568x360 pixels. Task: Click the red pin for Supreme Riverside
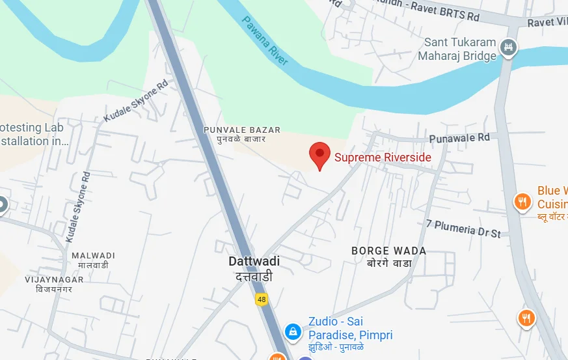(319, 155)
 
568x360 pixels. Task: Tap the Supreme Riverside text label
(383, 157)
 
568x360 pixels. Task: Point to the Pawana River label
(265, 40)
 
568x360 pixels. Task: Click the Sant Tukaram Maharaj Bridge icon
(511, 48)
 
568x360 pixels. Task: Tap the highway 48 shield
(262, 299)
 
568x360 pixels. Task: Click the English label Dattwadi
(254, 261)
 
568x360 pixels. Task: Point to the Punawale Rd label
(459, 138)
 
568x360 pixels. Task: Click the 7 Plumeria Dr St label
(463, 228)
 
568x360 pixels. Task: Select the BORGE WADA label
(388, 251)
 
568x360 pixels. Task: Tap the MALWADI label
(93, 255)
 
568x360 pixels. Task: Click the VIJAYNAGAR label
(54, 279)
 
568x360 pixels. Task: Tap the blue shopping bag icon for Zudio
(293, 331)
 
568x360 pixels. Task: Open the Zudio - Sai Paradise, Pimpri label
(350, 329)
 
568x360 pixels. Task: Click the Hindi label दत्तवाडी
(254, 277)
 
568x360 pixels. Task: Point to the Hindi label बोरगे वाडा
(389, 263)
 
